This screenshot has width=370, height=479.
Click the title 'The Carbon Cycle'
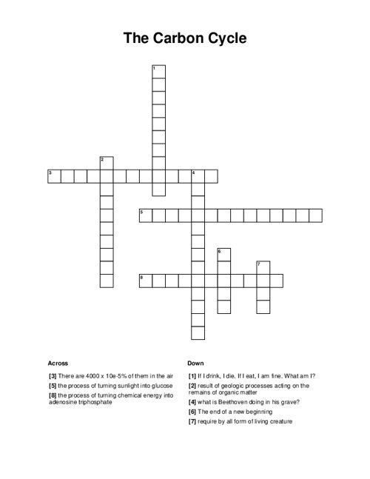pos(185,38)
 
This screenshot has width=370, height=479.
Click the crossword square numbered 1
pos(158,72)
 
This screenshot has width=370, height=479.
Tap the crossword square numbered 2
pos(106,163)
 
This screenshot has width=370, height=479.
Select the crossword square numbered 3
pos(54,176)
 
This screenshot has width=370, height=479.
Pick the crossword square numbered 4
pos(198,176)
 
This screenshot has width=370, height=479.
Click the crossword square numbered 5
pos(146,215)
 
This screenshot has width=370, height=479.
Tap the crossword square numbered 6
pos(223,255)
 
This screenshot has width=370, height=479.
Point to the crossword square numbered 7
pos(263,267)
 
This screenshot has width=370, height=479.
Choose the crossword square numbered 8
pos(146,281)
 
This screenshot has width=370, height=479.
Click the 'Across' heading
pos(58,364)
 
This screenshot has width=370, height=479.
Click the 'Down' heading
pos(195,364)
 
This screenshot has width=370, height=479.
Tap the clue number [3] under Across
pos(53,376)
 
